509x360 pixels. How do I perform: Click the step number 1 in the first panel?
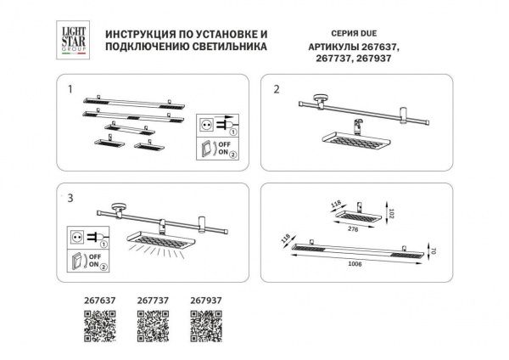tap(71, 88)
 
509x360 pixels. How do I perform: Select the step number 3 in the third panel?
tap(71, 198)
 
